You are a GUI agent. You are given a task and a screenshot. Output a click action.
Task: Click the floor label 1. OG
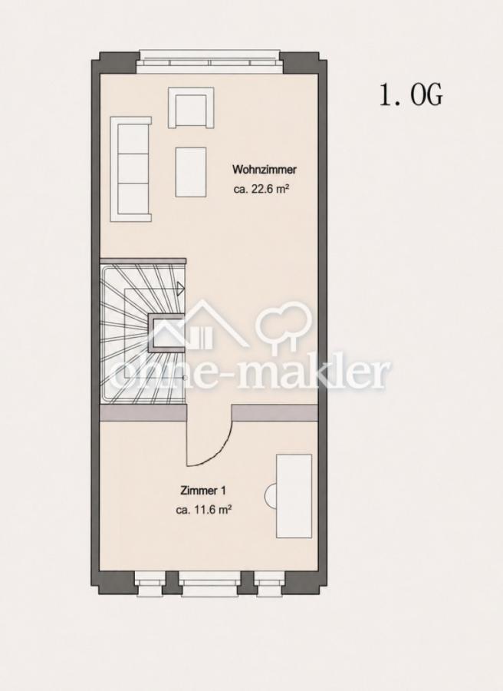(x=410, y=94)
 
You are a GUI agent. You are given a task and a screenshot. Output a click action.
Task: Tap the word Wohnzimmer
(x=265, y=169)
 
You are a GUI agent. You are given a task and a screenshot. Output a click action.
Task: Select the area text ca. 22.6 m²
(x=261, y=190)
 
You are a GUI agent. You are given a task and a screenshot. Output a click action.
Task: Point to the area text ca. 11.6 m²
(x=204, y=510)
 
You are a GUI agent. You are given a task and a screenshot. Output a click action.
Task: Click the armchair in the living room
(x=191, y=107)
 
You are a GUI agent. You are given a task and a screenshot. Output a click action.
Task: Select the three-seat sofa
(x=130, y=169)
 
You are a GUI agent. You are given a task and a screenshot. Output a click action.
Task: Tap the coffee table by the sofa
(x=191, y=172)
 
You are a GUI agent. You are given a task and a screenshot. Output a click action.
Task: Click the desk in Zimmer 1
(x=294, y=496)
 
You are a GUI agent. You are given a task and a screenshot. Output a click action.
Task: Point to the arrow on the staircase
(x=180, y=288)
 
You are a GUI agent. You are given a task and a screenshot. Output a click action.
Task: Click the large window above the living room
(x=209, y=62)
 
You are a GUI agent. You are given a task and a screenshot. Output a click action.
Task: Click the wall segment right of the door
(x=275, y=413)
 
